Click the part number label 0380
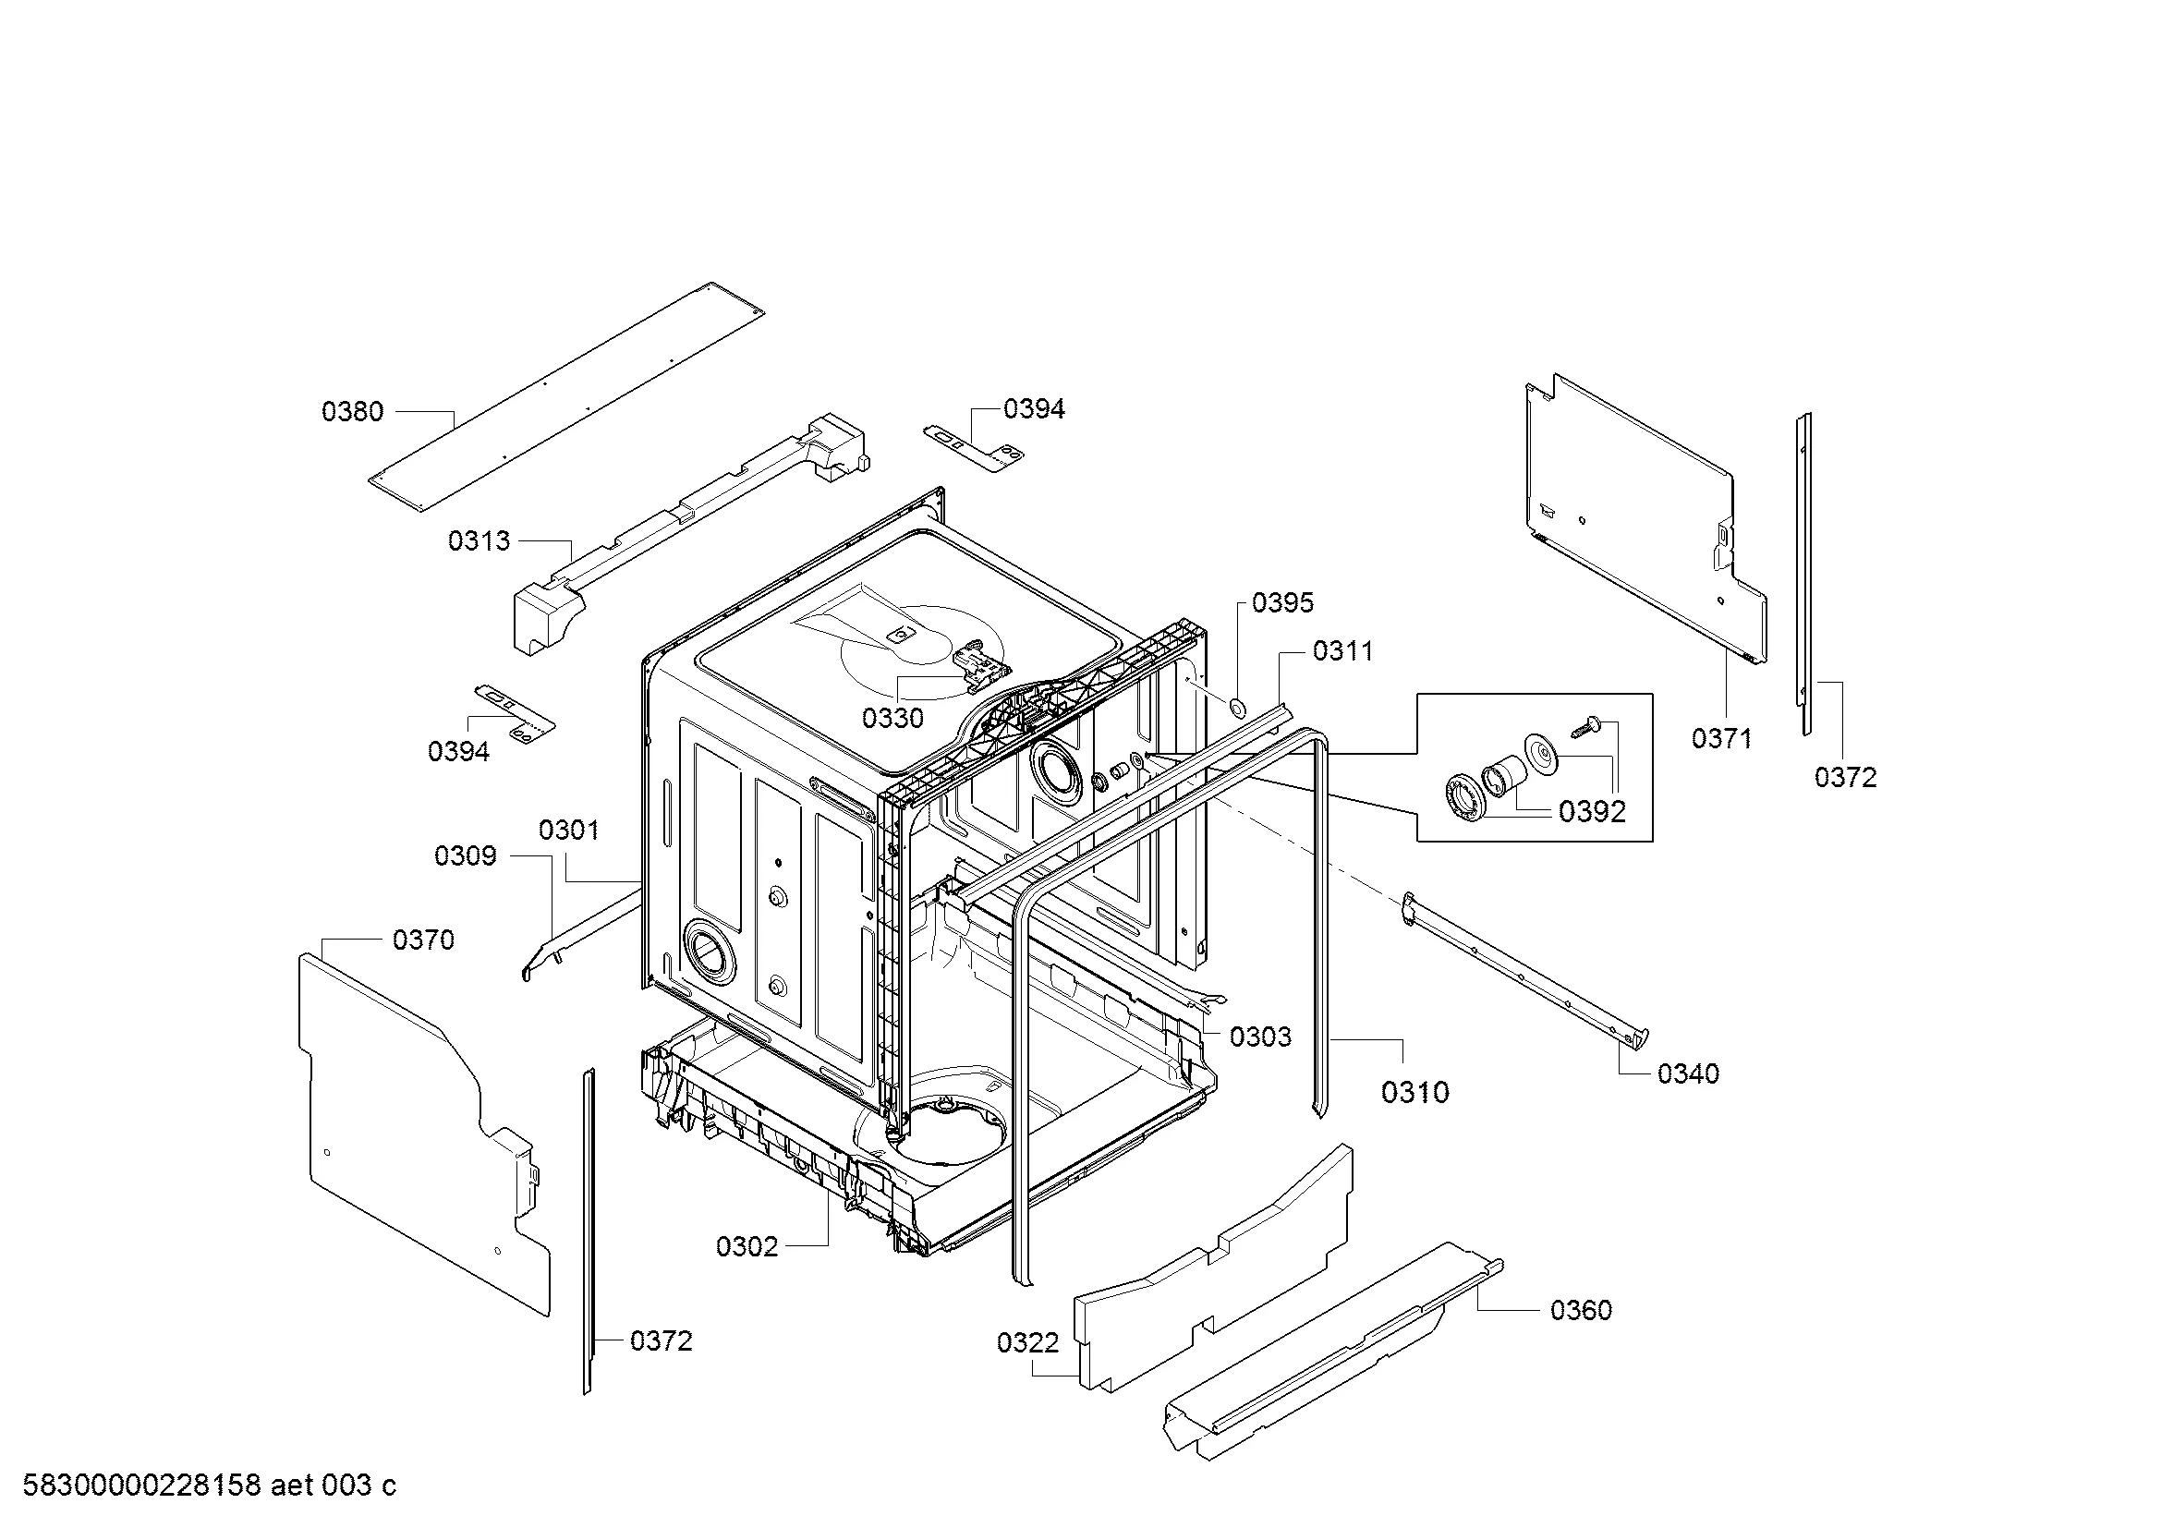coord(353,411)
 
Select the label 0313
coord(480,541)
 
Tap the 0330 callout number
coord(893,718)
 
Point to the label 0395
coord(1283,602)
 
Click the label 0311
coord(1343,650)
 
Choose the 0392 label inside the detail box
coord(1593,811)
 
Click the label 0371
coord(1721,739)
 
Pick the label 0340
coord(1689,1073)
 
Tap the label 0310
coord(1415,1092)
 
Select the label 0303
coord(1261,1037)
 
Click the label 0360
coord(1581,1310)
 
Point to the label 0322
coord(1027,1342)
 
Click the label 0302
coord(747,1246)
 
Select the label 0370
coord(423,940)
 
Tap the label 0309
coord(465,855)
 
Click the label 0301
coord(569,830)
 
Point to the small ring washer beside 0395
coord(1237,707)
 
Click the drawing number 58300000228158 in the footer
coord(141,1486)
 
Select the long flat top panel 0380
coord(566,398)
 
